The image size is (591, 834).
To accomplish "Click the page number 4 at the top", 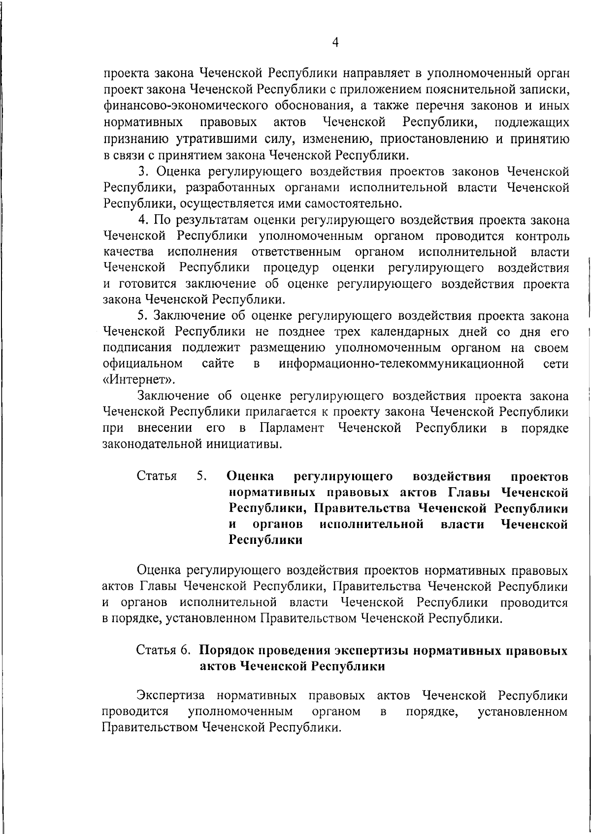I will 335,43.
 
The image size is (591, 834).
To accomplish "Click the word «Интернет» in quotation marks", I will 138,380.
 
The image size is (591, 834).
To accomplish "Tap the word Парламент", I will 292,428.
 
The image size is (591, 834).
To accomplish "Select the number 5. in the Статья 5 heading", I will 201,476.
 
